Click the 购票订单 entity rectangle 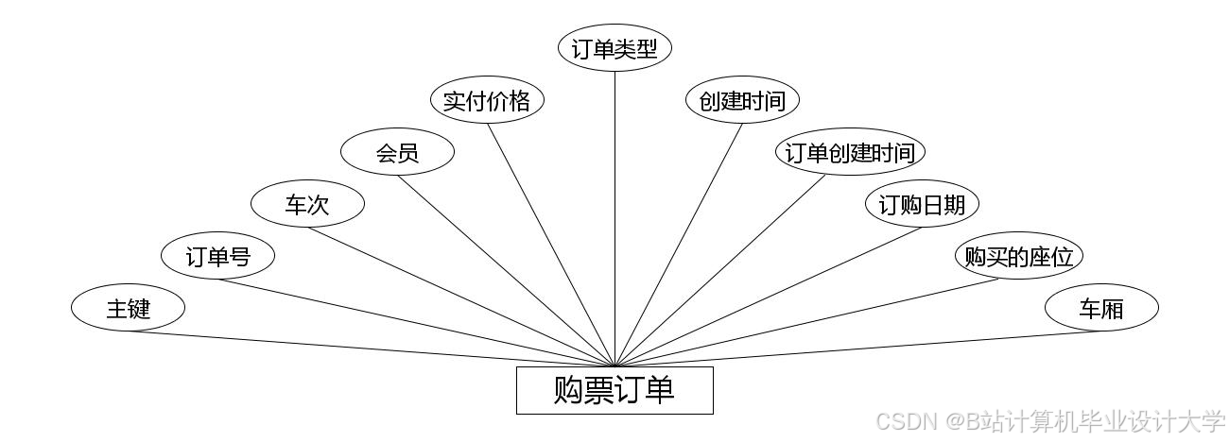point(614,390)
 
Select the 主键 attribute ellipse point(128,308)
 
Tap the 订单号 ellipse point(217,256)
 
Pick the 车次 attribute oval point(307,204)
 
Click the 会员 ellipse point(397,152)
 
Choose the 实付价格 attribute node point(487,100)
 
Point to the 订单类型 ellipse point(614,48)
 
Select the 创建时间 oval point(742,100)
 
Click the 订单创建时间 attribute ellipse point(850,152)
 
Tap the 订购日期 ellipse point(922,204)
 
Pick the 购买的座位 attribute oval point(1017,256)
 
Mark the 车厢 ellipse point(1101,308)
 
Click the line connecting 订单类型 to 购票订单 point(614,217)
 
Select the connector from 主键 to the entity point(378,348)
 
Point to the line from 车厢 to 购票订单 point(851,348)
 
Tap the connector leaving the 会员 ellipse point(507,271)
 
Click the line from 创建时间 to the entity point(679,245)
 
